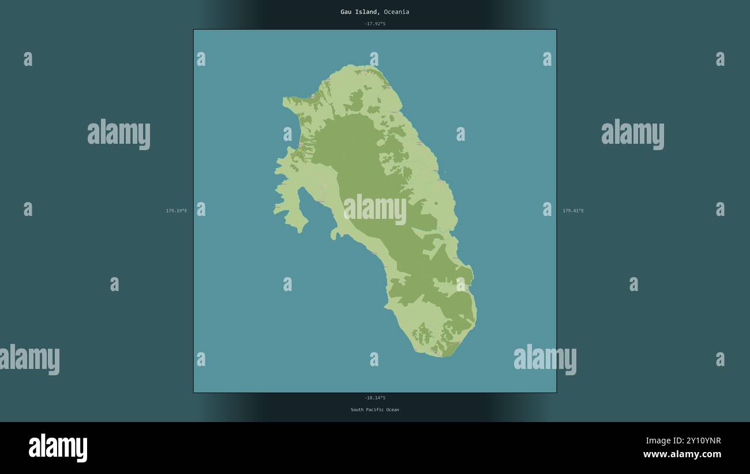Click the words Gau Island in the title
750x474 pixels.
point(359,12)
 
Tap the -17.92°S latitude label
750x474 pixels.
point(374,24)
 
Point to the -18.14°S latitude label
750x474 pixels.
point(374,398)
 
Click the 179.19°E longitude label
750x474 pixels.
point(176,211)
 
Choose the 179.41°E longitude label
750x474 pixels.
point(573,211)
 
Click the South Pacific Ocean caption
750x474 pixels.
point(374,410)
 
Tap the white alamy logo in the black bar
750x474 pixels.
point(58,447)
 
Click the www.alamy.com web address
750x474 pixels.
point(682,454)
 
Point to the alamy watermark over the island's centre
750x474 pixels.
point(375,209)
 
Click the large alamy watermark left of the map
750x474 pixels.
point(119,134)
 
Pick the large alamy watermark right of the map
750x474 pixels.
point(632,134)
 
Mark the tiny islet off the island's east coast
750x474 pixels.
point(444,171)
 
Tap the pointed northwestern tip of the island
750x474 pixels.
point(284,100)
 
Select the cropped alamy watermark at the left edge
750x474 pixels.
point(29,359)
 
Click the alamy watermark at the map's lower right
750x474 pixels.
point(545,359)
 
